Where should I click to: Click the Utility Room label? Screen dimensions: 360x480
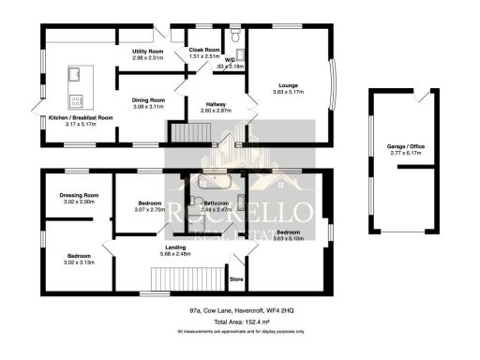[x=148, y=52]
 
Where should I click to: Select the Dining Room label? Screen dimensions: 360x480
[x=147, y=99]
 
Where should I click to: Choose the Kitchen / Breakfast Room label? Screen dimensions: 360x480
[x=79, y=117]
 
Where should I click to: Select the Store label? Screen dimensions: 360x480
[x=237, y=278]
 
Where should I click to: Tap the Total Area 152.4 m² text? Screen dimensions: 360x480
[x=239, y=322]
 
